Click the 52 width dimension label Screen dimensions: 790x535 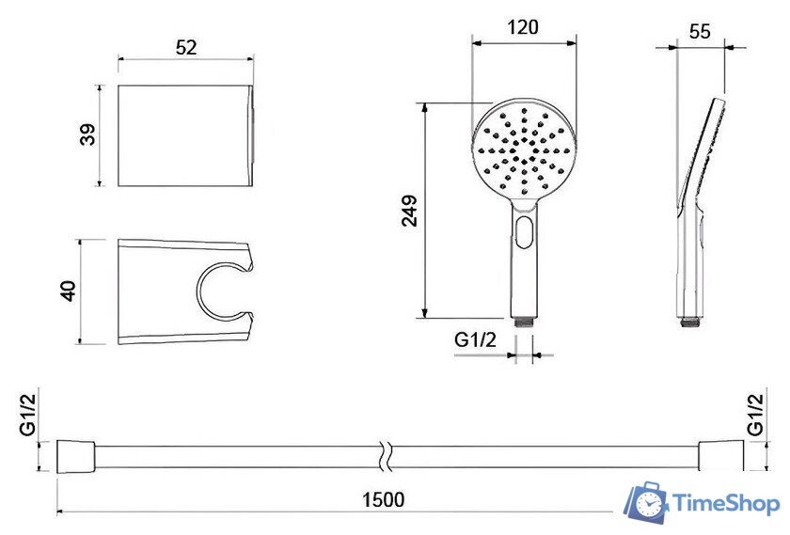186,47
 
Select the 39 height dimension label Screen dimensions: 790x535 88,134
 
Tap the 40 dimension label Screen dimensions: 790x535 68,291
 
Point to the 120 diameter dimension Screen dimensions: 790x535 523,27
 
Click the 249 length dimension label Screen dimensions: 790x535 410,211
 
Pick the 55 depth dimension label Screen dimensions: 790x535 700,32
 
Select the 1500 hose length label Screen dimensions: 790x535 384,499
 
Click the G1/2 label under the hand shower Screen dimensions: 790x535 475,340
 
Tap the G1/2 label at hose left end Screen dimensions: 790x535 28,414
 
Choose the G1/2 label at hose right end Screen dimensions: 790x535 756,414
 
